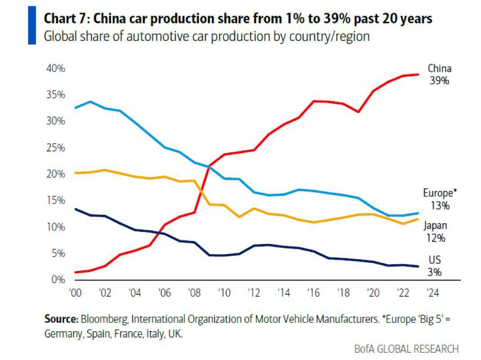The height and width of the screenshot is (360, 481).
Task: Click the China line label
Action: (439, 69)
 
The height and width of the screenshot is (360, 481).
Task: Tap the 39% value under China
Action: (439, 81)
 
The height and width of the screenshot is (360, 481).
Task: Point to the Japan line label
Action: (435, 226)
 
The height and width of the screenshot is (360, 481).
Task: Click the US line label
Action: (435, 260)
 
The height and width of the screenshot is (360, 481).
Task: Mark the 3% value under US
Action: (435, 272)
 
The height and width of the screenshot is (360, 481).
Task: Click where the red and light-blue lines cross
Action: (209, 167)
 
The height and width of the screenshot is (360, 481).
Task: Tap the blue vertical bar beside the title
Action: (31, 25)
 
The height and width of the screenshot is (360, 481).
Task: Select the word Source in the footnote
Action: (61, 320)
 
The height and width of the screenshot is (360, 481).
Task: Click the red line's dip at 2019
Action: (358, 111)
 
